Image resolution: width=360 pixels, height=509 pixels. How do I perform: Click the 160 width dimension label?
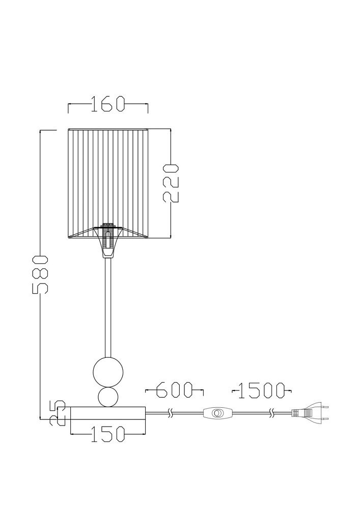108,104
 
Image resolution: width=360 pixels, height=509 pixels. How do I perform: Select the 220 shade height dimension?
171,183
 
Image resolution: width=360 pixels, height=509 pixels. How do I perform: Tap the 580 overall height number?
40,274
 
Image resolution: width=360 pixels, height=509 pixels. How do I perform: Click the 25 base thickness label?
58,413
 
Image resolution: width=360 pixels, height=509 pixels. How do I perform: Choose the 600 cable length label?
174,390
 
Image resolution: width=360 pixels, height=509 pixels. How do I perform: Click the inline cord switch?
218,413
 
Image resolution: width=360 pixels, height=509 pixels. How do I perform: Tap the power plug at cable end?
310,413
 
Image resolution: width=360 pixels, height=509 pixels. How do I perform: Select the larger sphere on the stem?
108,372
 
